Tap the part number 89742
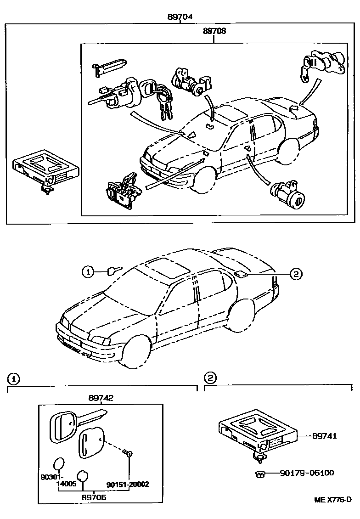point(101,398)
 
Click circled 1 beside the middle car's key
point(88,272)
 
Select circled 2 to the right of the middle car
point(296,274)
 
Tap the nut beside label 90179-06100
point(259,473)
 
